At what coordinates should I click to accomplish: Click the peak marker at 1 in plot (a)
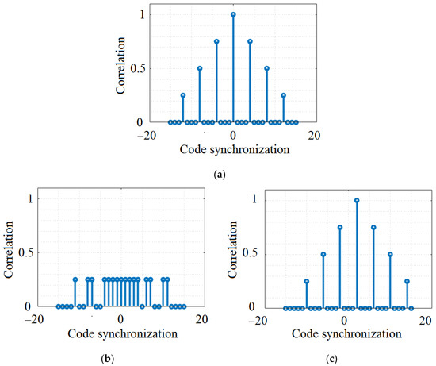point(233,14)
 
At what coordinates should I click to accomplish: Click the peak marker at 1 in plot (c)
point(357,200)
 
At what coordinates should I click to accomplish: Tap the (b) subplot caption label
point(108,359)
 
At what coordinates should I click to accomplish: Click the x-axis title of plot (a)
point(233,149)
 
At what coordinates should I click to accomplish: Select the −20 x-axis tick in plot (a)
point(152,135)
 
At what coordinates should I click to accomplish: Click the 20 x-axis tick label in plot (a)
point(314,135)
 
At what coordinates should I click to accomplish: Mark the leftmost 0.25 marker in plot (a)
point(183,95)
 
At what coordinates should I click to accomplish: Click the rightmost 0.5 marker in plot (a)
point(266,68)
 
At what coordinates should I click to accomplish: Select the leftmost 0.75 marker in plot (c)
point(340,227)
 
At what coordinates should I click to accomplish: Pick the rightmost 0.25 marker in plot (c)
point(407,281)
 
